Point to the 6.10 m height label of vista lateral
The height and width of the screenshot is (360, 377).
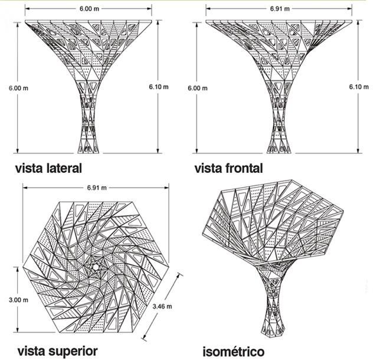click(159, 86)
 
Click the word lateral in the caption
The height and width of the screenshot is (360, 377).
click(61, 168)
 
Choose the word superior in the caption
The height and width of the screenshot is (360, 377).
click(74, 351)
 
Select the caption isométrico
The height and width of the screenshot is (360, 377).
click(233, 352)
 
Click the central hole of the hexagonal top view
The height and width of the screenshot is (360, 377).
click(96, 267)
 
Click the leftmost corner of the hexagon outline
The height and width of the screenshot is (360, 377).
click(24, 267)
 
